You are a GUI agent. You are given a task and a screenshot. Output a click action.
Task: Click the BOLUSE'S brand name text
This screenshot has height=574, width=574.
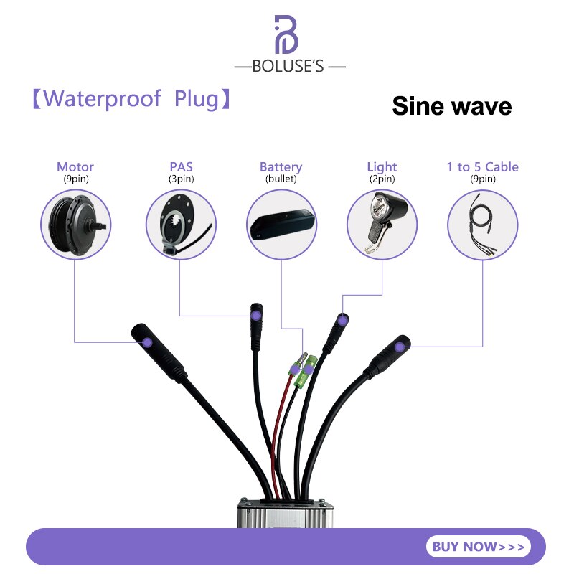click(289, 67)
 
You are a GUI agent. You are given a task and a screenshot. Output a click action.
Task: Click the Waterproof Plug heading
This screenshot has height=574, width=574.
click(131, 98)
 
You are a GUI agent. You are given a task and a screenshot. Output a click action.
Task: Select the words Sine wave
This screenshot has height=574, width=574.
click(451, 106)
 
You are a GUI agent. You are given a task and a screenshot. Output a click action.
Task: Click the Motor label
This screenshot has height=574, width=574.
click(75, 167)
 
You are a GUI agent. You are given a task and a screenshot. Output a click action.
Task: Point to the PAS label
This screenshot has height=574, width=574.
click(181, 167)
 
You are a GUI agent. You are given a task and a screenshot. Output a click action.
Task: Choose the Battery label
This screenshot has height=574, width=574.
click(281, 167)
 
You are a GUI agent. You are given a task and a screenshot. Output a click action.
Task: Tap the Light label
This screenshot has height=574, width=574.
click(382, 167)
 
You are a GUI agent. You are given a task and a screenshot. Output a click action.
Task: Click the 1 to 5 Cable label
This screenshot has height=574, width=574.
click(482, 167)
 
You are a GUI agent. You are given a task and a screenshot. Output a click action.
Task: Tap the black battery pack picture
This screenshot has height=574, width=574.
click(281, 225)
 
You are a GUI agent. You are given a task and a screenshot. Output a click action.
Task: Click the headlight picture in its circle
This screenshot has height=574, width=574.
click(382, 222)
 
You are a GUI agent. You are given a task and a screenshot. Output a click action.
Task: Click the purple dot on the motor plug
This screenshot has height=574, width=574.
click(147, 342)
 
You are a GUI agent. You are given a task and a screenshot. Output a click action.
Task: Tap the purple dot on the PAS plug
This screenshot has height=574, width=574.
click(255, 316)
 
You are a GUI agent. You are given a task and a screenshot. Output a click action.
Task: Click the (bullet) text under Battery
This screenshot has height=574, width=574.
click(281, 179)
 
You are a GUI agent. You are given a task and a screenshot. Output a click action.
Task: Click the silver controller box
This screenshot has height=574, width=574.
click(286, 514)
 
